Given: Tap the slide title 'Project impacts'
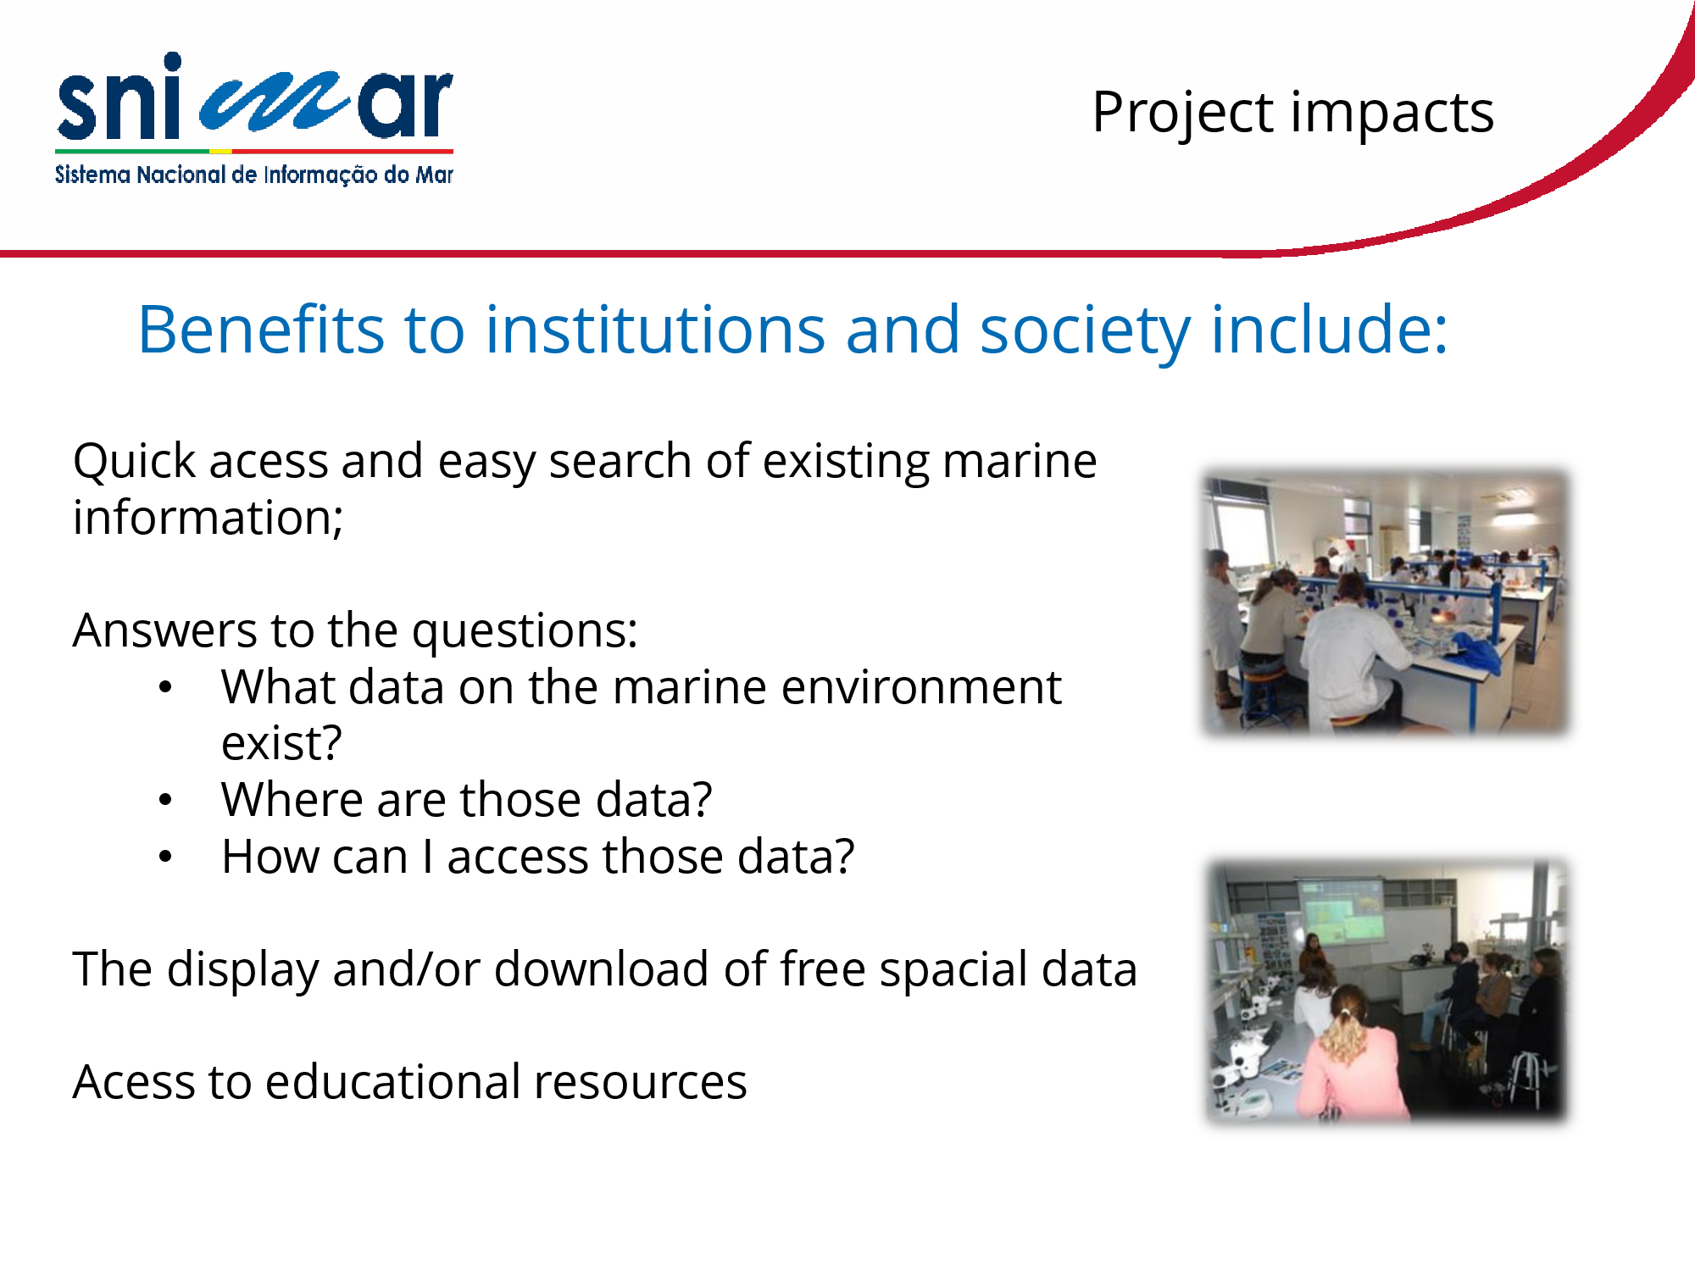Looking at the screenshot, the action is pos(1292,113).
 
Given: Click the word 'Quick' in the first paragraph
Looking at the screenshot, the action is pos(135,462).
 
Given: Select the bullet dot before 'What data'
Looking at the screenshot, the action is pos(165,687).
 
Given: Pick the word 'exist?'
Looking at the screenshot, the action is pos(281,743).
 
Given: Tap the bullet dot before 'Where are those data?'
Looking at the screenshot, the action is pos(165,800).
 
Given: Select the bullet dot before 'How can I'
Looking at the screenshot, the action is pos(165,857).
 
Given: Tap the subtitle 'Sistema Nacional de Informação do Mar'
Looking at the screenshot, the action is pos(254,175).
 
